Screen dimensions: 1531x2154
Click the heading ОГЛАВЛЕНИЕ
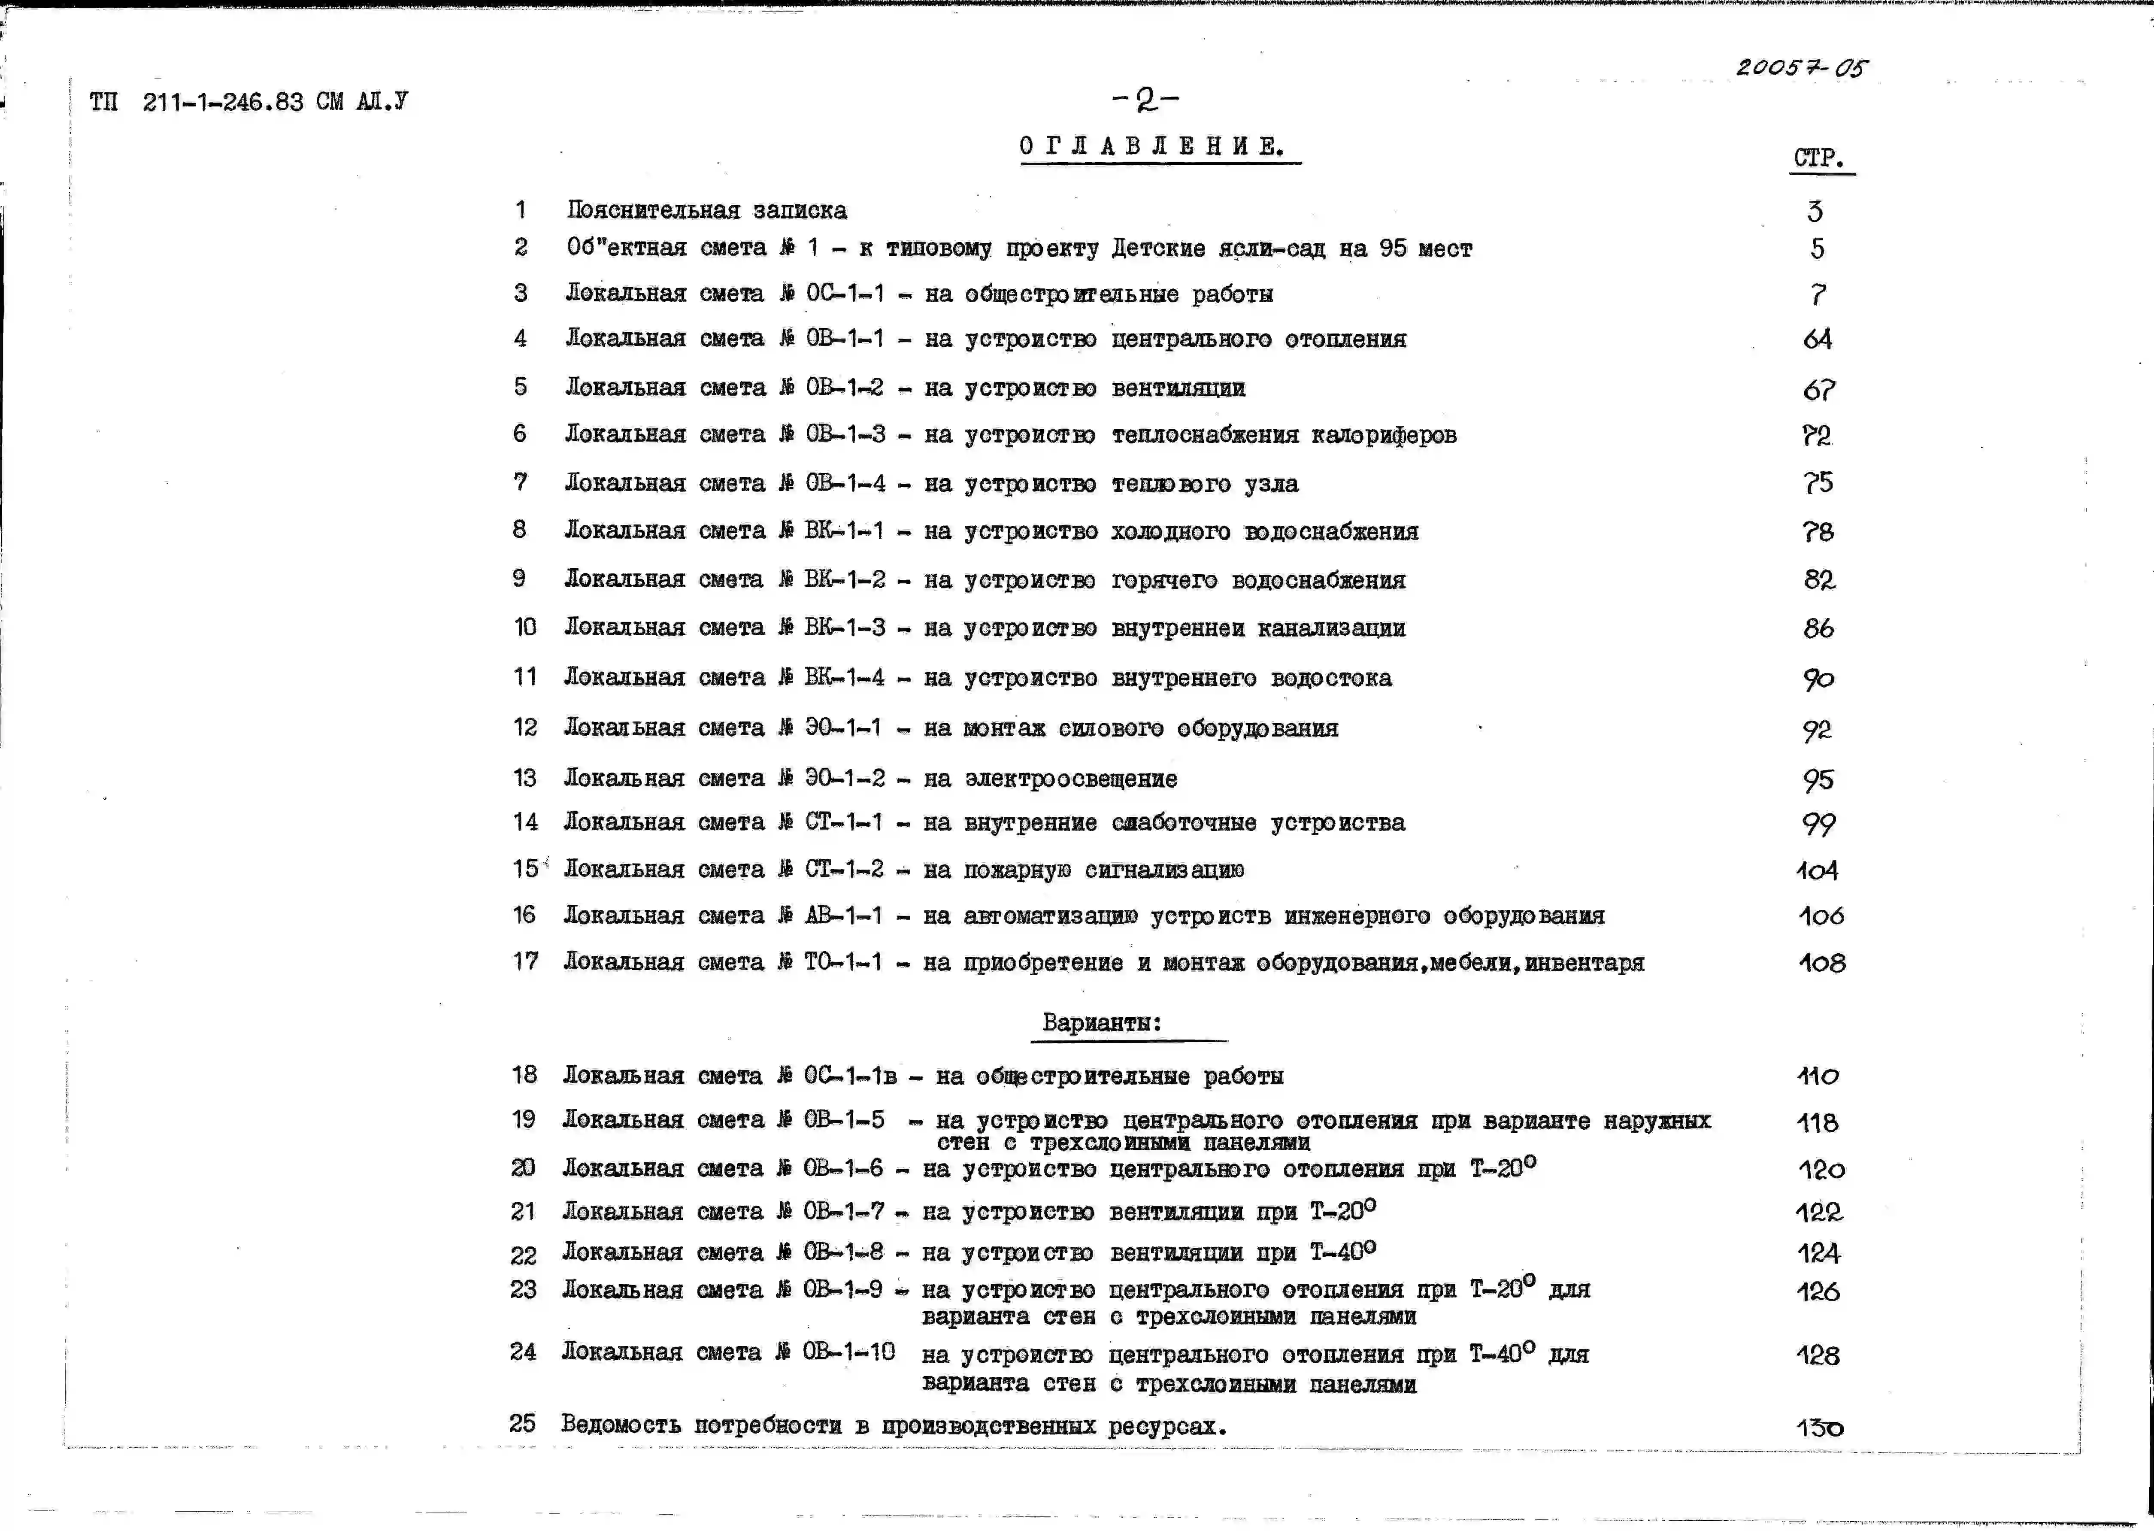click(1152, 147)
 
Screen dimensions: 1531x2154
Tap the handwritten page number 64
click(1817, 340)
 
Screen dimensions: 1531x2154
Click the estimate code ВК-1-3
click(845, 628)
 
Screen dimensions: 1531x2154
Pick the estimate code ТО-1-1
click(843, 963)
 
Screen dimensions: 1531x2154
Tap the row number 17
click(525, 961)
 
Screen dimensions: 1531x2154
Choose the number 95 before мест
click(1392, 249)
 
